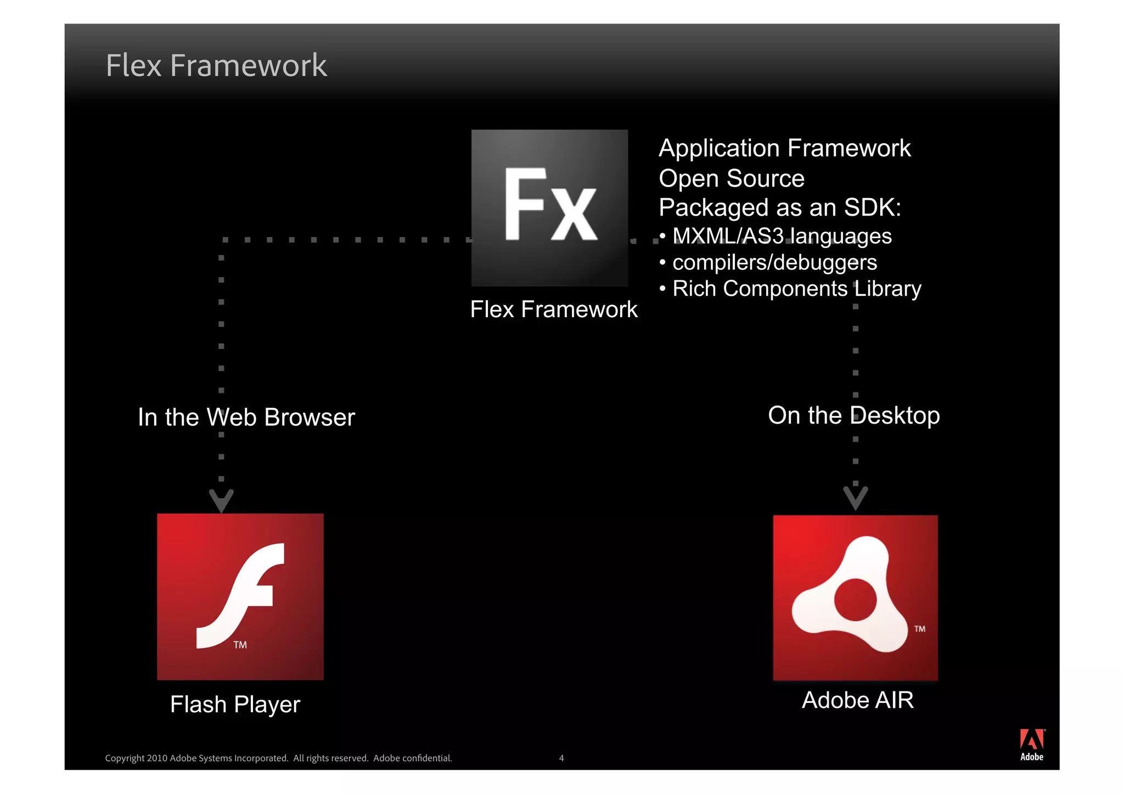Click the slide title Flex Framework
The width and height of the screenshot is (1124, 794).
click(x=216, y=66)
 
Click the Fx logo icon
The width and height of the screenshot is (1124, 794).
click(x=549, y=207)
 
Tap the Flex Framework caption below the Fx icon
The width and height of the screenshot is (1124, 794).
click(x=554, y=309)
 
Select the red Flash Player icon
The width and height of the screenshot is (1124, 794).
click(x=240, y=596)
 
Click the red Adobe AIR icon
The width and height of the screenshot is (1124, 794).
click(x=855, y=598)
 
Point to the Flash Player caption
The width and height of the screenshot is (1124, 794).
click(x=235, y=705)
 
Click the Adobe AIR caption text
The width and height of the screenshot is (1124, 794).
click(x=857, y=700)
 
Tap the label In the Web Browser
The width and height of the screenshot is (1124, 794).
click(x=246, y=418)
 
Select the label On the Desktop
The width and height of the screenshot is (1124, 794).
click(x=853, y=415)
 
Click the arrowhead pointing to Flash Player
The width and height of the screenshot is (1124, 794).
click(x=222, y=500)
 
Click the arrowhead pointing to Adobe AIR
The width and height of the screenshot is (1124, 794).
click(x=855, y=498)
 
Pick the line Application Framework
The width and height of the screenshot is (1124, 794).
click(x=784, y=148)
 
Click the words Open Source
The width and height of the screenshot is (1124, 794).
click(x=731, y=179)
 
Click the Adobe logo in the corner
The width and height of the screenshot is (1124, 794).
click(x=1032, y=745)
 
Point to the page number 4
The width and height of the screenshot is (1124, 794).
click(x=561, y=758)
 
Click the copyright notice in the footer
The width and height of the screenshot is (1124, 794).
click(x=278, y=758)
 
